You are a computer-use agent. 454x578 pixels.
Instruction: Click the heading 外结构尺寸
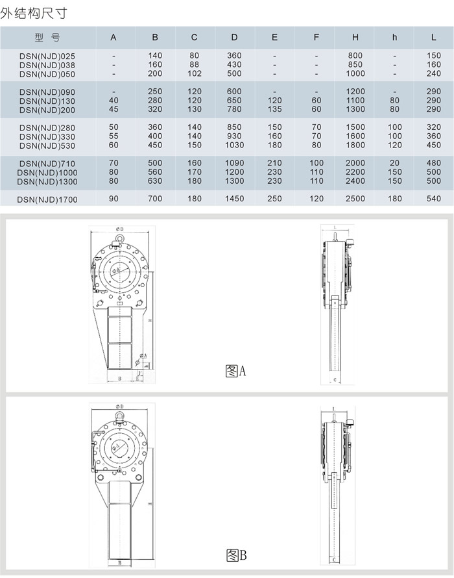(33, 12)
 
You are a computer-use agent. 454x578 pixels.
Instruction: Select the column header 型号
(47, 38)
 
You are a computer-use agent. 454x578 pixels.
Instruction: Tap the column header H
(355, 38)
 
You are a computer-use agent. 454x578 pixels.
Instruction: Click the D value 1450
(234, 199)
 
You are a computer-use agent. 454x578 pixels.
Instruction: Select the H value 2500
(355, 199)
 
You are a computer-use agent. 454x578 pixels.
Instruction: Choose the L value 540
(434, 199)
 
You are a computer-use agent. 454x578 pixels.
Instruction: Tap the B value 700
(155, 199)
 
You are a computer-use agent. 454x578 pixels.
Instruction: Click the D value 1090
(234, 163)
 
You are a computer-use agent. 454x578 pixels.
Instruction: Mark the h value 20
(395, 163)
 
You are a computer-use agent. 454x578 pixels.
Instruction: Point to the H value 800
(355, 56)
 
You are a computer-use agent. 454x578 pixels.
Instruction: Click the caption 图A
(235, 371)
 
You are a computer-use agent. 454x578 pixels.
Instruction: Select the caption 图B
(236, 555)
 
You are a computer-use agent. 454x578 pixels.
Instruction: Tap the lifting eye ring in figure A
(121, 240)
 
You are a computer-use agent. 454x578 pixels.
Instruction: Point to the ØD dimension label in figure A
(121, 229)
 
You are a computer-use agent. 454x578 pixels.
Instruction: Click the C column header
(195, 38)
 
